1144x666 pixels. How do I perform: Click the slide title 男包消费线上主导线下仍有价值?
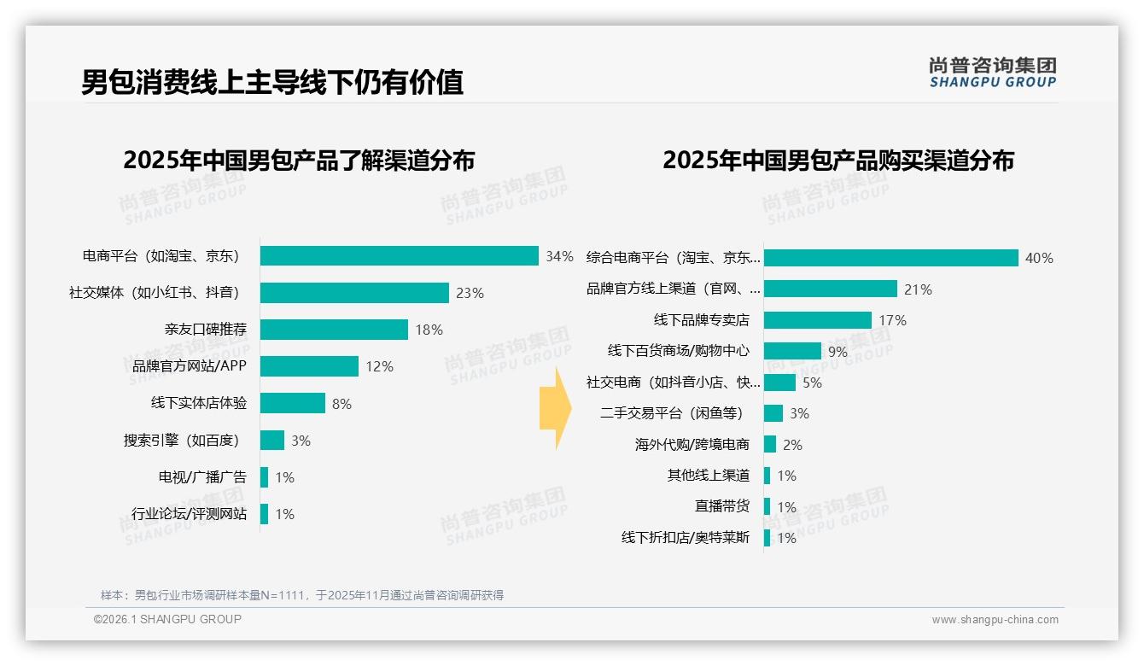(272, 82)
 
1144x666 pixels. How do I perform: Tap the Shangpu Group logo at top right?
(992, 73)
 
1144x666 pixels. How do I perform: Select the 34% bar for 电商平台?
(399, 256)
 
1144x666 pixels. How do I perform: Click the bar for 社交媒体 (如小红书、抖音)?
(354, 293)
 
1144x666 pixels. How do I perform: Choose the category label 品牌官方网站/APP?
(184, 366)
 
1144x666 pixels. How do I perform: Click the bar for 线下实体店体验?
(293, 403)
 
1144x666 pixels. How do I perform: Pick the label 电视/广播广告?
(202, 477)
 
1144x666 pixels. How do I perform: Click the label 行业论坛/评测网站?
(189, 514)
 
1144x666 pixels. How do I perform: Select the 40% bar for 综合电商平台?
(890, 258)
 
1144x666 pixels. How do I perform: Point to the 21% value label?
(918, 289)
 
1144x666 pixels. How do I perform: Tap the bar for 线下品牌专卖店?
(817, 320)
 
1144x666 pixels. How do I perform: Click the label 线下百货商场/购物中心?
(679, 351)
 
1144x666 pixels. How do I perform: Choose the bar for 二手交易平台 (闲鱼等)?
(773, 413)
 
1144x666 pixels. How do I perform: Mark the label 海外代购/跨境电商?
(692, 445)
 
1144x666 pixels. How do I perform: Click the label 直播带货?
(721, 506)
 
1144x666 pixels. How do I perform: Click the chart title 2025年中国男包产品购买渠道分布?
(838, 161)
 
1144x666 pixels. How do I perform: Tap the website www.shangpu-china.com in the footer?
(995, 620)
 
